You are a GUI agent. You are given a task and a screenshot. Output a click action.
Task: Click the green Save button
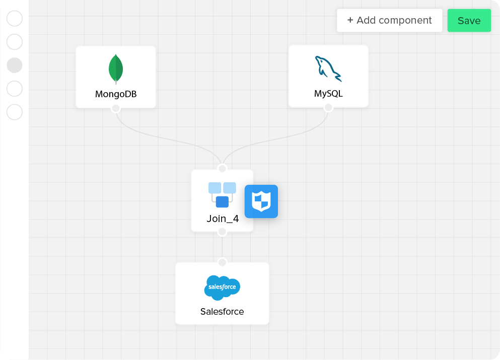[x=469, y=21]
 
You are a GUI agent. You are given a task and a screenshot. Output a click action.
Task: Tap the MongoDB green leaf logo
[x=116, y=68]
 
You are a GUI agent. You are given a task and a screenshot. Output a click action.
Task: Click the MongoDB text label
[x=116, y=94]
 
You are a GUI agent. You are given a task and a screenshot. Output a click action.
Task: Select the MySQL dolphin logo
[x=328, y=68]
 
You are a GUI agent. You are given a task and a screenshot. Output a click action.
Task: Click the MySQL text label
[x=328, y=94]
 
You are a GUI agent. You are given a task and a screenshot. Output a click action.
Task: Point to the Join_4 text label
[x=223, y=219]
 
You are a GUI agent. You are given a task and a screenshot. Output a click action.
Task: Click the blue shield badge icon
[x=261, y=201]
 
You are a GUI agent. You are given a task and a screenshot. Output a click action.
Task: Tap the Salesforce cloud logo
[x=222, y=287]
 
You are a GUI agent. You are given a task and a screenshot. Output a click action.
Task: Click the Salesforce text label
[x=222, y=312]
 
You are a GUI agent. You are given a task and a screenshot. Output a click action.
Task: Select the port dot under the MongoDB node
[x=116, y=108]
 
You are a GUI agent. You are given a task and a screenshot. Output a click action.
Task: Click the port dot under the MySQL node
[x=328, y=107]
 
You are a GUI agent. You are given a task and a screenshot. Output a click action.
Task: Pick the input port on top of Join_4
[x=222, y=168]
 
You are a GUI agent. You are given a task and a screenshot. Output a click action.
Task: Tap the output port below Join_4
[x=222, y=232]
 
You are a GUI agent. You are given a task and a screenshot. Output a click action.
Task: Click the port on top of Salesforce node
[x=222, y=262]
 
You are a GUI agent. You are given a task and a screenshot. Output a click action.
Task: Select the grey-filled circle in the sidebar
[x=15, y=65]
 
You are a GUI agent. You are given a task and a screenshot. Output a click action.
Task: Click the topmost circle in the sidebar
[x=15, y=19]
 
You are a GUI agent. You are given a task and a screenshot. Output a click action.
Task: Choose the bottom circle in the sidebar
[x=15, y=112]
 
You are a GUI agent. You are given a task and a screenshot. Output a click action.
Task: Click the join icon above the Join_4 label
[x=222, y=195]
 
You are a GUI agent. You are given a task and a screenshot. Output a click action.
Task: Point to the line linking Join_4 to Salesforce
[x=222, y=247]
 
